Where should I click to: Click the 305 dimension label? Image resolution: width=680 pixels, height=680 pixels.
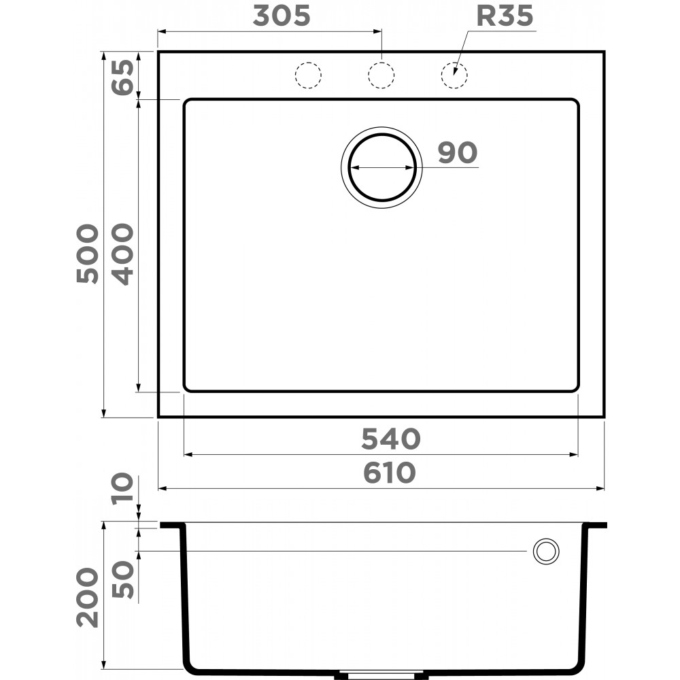[x=281, y=16]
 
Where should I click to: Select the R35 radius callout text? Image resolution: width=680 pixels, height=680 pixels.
[x=504, y=16]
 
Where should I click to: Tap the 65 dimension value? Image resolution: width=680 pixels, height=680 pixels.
[x=122, y=78]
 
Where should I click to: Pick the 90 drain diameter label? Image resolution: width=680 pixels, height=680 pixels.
[x=456, y=153]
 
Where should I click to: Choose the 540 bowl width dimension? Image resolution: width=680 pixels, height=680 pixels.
[x=390, y=439]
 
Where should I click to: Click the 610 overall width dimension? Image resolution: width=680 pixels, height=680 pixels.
[x=388, y=473]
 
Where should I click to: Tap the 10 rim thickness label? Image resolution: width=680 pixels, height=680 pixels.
[x=122, y=489]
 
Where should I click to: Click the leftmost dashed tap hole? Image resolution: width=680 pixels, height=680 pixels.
[x=307, y=75]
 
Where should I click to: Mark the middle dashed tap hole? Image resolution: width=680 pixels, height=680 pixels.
[x=381, y=75]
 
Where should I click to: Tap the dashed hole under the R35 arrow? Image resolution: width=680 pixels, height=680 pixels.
[x=454, y=75]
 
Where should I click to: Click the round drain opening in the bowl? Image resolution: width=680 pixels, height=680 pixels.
[x=381, y=167]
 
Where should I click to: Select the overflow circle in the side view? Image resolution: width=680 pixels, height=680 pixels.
[x=545, y=551]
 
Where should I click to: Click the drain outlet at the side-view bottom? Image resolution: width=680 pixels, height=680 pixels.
[x=381, y=675]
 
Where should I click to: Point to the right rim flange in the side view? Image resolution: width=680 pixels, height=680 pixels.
[x=596, y=525]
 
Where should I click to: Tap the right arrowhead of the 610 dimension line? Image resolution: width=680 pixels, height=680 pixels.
[x=601, y=488]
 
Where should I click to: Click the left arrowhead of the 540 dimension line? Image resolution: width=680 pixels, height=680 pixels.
[x=188, y=454]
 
